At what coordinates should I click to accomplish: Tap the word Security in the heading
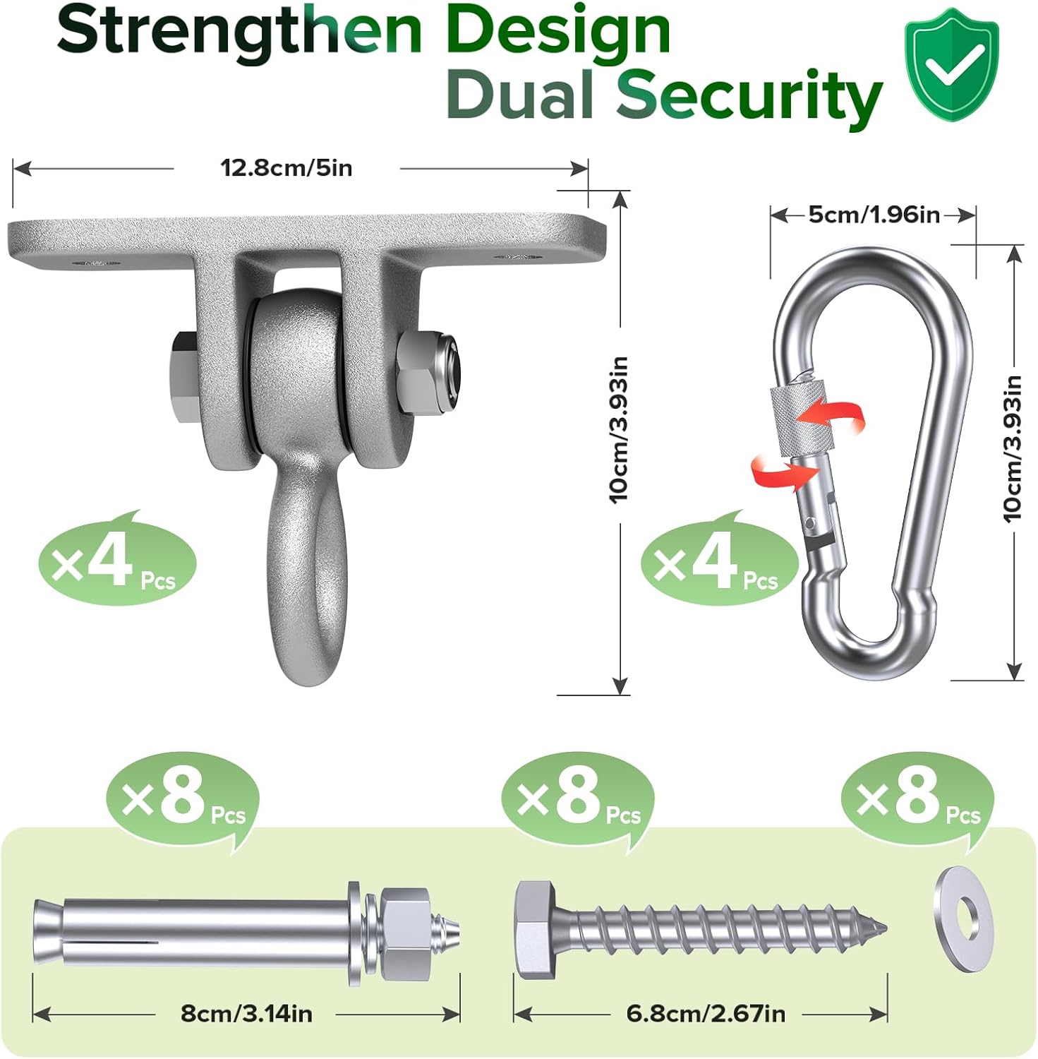749,97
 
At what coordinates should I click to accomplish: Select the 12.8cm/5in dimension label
286,168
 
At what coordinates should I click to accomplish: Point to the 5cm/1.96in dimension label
874,214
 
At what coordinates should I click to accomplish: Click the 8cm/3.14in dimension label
246,1014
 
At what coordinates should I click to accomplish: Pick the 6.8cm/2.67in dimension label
706,1014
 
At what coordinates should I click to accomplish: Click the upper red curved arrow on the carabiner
838,415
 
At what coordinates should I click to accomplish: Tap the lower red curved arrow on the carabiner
776,472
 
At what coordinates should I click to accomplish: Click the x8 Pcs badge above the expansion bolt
183,801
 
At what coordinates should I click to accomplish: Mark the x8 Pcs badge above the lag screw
578,801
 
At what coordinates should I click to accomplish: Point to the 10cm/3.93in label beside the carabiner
1013,448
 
